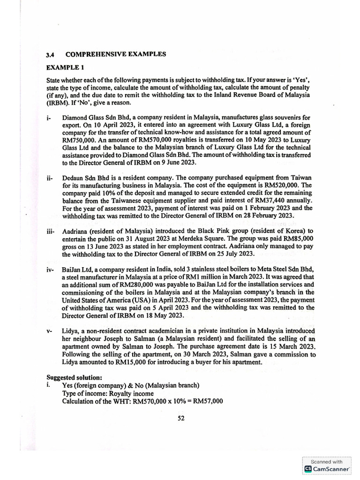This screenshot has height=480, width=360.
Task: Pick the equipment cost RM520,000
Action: coord(272,186)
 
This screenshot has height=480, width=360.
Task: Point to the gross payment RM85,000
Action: coord(295,239)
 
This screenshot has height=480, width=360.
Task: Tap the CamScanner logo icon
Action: coord(308,468)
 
